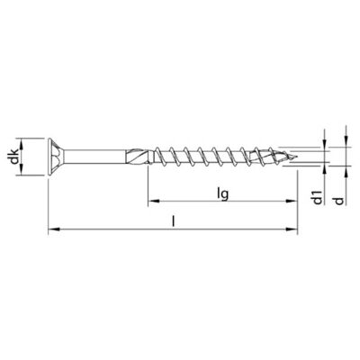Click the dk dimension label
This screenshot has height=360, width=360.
[14, 157]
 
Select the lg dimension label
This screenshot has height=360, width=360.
[223, 195]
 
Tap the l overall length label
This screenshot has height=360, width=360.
[173, 221]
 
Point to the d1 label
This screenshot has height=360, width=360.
[318, 197]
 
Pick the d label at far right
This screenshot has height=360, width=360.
[338, 201]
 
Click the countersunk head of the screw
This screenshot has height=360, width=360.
[57, 157]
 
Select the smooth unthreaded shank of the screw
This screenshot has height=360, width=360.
[94, 157]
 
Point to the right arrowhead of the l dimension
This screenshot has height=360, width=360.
[292, 229]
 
